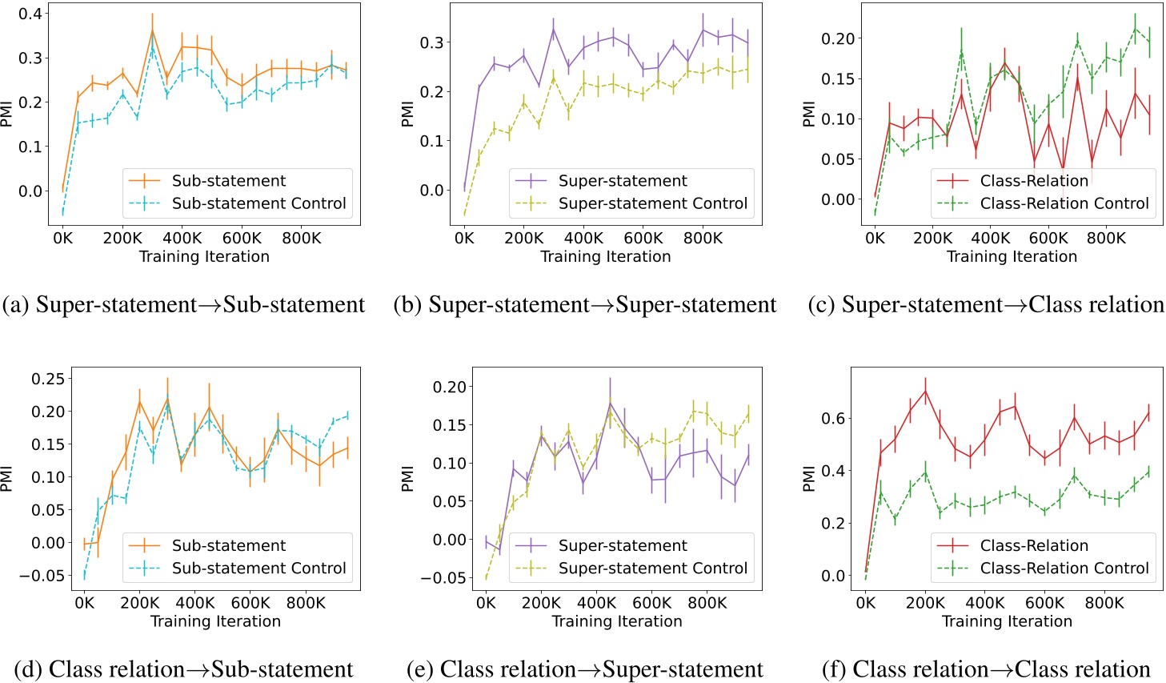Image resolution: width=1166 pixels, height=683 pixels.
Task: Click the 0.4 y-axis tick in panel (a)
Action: pos(30,14)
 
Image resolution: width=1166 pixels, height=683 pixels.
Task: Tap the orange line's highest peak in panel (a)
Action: pos(153,32)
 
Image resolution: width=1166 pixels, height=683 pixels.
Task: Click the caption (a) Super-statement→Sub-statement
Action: pos(183,305)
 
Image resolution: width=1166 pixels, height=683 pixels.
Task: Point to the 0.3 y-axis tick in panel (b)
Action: pos(431,42)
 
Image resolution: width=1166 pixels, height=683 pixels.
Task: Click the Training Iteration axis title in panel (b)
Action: pos(605,256)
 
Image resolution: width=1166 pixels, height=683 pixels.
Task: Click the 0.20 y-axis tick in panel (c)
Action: pos(838,38)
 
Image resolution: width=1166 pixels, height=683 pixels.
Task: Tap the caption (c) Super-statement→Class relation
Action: pos(986,305)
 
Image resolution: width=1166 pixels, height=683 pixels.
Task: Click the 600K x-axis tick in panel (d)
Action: pos(250,603)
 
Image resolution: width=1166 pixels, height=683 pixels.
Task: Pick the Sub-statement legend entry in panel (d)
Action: pos(228,545)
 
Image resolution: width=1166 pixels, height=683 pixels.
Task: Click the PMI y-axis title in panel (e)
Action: pos(407,479)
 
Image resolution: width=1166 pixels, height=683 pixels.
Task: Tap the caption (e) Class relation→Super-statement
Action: pos(585,669)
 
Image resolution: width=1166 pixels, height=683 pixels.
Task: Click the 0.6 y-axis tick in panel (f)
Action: pos(833,419)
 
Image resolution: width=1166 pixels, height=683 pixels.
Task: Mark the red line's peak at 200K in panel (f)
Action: pos(926,391)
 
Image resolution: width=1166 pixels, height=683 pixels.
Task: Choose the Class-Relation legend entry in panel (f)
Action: pos(1033,545)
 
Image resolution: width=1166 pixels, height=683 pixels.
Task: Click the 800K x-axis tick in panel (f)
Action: pos(1104,603)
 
